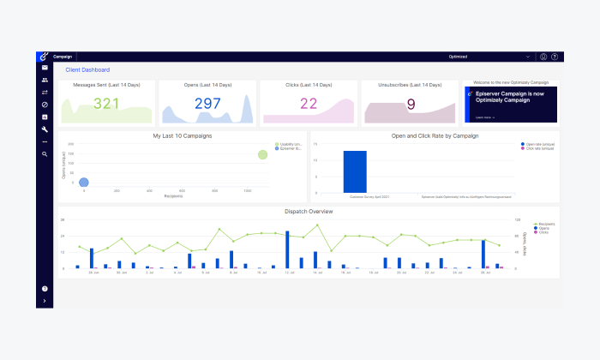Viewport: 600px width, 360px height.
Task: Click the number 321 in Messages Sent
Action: (106, 104)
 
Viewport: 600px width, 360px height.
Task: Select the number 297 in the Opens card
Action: (207, 104)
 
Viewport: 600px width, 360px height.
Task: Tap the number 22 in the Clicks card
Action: (309, 104)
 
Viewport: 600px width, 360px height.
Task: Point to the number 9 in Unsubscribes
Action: (411, 104)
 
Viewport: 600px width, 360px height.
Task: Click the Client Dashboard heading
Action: (87, 70)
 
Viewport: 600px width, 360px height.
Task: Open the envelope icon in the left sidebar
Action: (45, 68)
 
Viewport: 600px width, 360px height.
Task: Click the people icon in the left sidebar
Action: (45, 80)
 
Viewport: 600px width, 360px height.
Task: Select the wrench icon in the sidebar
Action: (45, 129)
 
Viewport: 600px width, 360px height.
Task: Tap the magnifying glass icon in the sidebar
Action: (45, 154)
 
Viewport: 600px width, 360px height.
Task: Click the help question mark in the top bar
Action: (555, 57)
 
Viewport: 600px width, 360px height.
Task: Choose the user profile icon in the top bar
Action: (543, 57)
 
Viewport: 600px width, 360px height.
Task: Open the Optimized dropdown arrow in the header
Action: (527, 57)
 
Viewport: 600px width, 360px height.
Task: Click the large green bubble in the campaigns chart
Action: (263, 154)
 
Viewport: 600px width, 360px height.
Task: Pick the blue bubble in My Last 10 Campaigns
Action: (84, 182)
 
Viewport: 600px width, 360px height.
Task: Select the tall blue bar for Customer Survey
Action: (355, 171)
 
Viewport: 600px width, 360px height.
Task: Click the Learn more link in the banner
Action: (483, 117)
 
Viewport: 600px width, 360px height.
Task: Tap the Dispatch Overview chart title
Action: (309, 211)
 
